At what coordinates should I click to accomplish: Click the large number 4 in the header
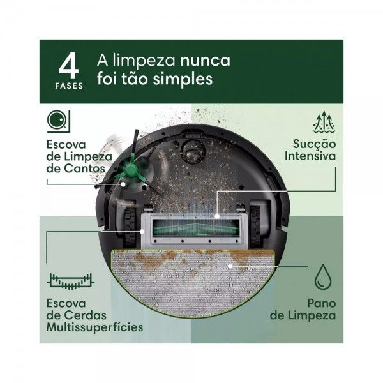pyautogui.click(x=70, y=66)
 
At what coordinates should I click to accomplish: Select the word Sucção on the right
pyautogui.click(x=312, y=144)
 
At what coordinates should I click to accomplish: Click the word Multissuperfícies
pyautogui.click(x=94, y=327)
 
